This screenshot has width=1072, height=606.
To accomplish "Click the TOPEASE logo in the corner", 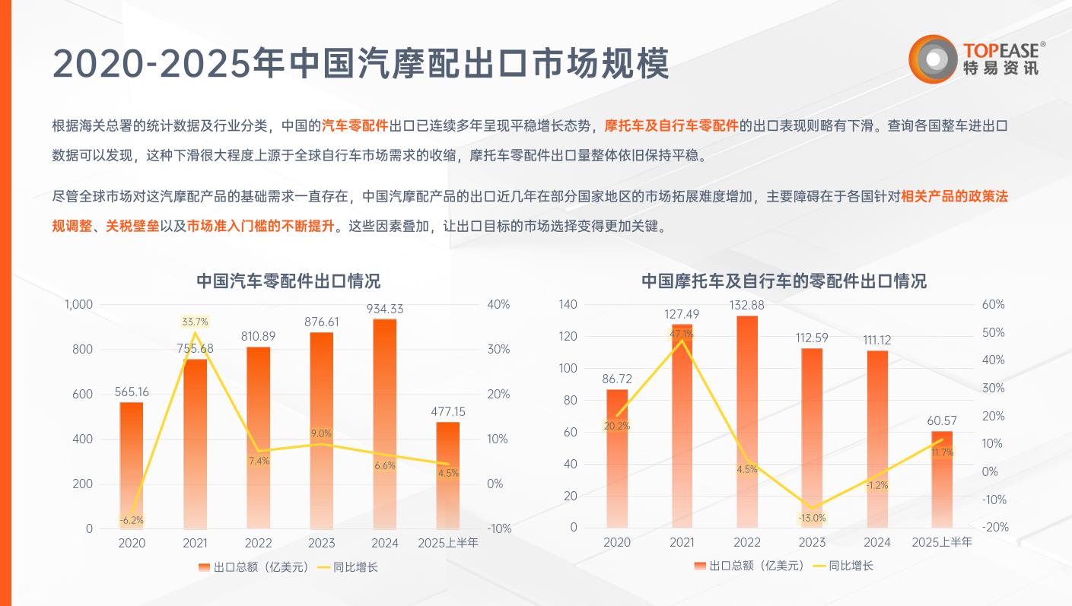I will coord(977,59).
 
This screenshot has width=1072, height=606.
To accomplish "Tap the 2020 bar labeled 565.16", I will coord(132,465).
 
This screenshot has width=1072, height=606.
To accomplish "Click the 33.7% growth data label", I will coord(195,322).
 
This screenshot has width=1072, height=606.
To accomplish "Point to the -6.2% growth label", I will coord(132,520).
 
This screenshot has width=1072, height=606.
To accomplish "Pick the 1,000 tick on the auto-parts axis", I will coord(78,304).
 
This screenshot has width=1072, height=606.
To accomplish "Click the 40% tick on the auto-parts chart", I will coord(498,304).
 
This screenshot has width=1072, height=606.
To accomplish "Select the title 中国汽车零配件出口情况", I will coord(288,280).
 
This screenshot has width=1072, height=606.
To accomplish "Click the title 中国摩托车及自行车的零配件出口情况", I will coord(784,281).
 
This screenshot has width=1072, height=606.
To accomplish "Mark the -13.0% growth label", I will coord(812,518).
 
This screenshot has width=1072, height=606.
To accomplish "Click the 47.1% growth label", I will coord(682,334).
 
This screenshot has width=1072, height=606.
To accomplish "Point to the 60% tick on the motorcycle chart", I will coord(993,304).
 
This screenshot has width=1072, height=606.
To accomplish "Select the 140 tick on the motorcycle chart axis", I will coord(568,304).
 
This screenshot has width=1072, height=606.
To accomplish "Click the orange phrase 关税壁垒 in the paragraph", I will coord(132,227).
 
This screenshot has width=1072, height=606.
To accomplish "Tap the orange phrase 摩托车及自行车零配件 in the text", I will coord(671,125).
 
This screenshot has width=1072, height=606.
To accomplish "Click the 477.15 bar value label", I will coord(448,411).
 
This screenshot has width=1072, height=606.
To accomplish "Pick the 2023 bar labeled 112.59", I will coord(812,437).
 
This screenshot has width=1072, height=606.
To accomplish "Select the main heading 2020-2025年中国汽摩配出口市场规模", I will coord(361,64).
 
